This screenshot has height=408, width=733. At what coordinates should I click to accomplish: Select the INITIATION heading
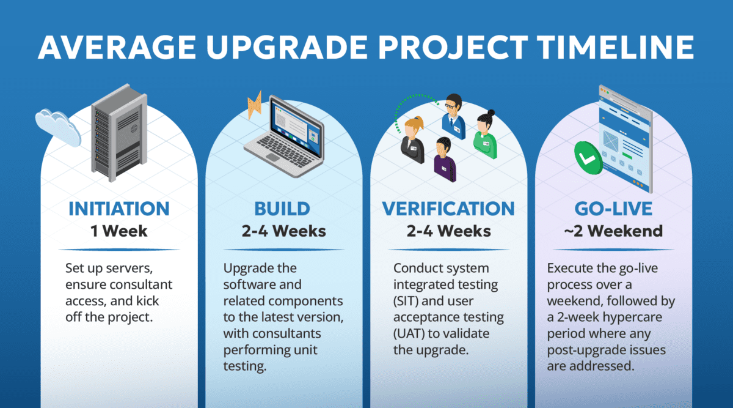pos(119,209)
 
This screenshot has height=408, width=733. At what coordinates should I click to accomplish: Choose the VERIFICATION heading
pos(448,209)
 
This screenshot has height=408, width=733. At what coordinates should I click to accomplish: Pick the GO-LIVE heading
pos(613,209)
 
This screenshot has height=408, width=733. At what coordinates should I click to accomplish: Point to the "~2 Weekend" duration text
pos(613,231)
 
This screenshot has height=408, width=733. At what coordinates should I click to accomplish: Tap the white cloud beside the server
pos(58,125)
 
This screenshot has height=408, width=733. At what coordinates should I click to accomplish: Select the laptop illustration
pos(283,138)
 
